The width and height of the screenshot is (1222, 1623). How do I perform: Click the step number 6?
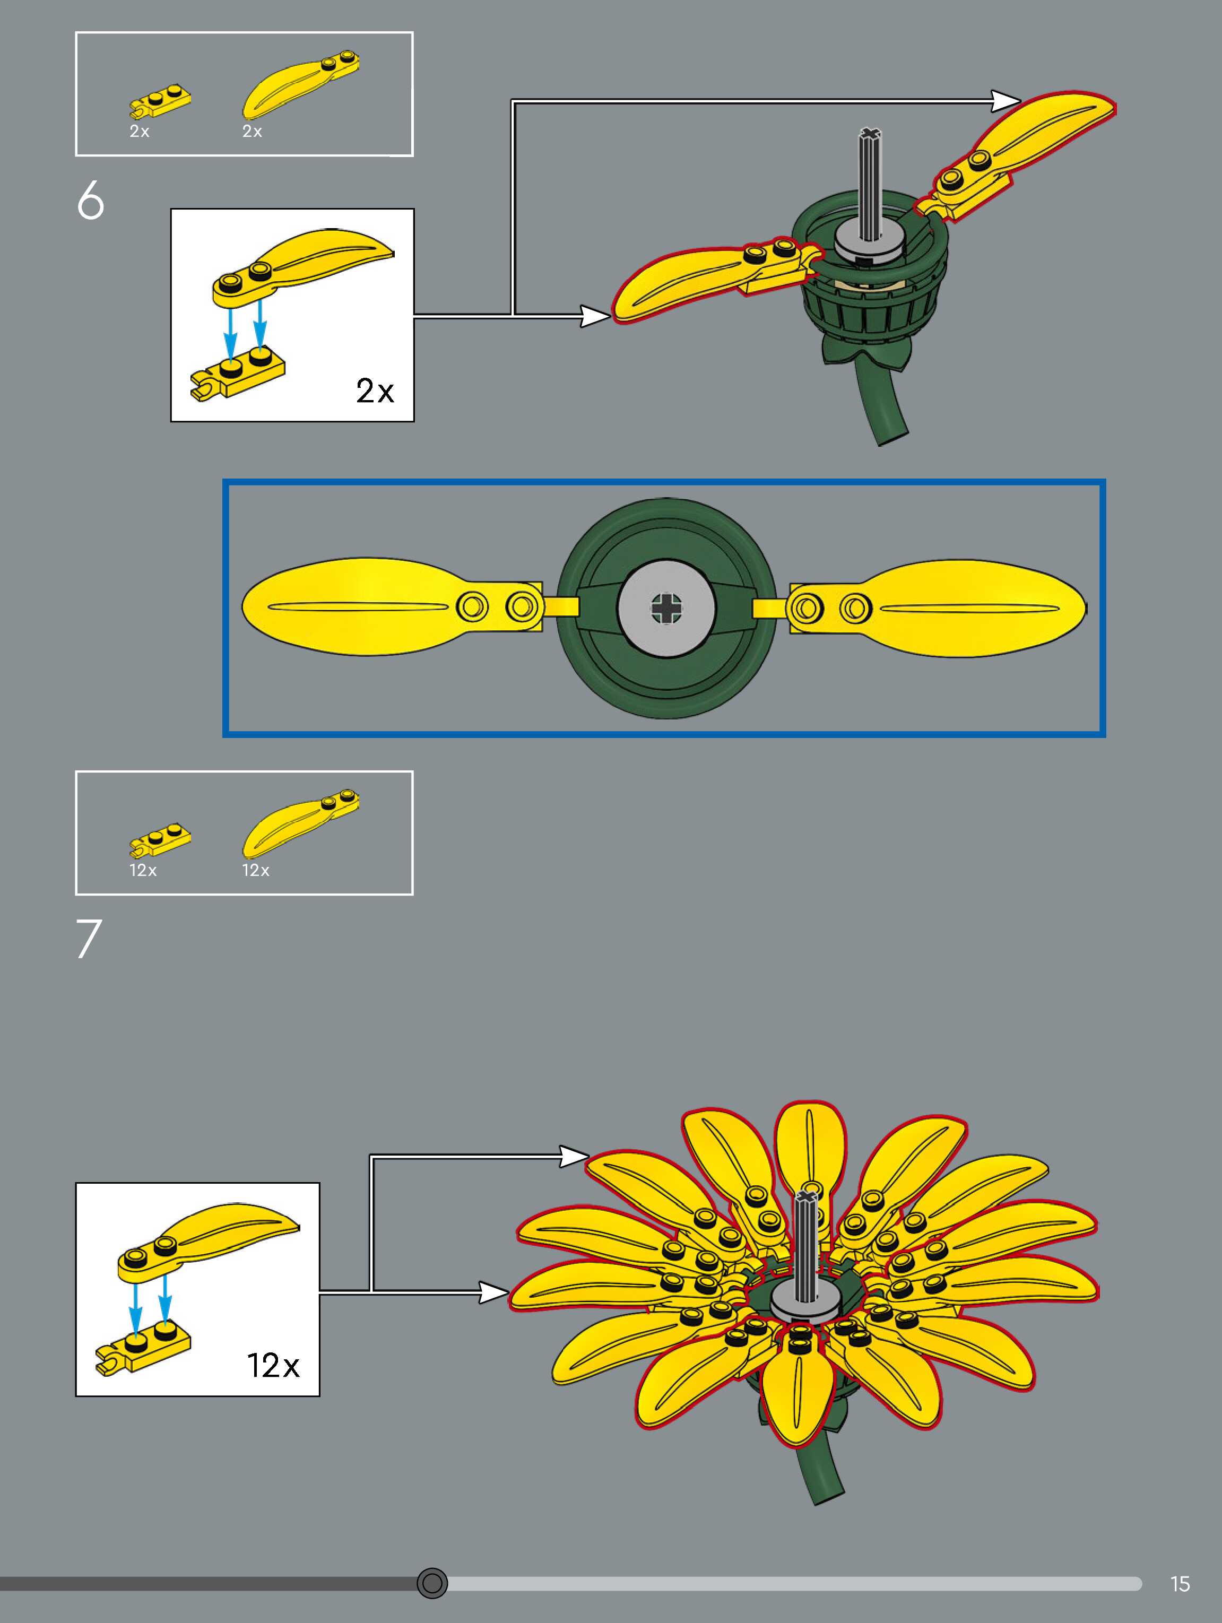coord(90,201)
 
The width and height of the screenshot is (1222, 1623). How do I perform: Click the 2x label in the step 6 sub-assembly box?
coord(374,391)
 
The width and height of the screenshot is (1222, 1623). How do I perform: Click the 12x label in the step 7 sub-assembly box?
coord(273,1366)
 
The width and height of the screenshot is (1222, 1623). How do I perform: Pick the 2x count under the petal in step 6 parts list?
coord(252,132)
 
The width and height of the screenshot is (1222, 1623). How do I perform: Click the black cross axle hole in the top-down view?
coord(666,607)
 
